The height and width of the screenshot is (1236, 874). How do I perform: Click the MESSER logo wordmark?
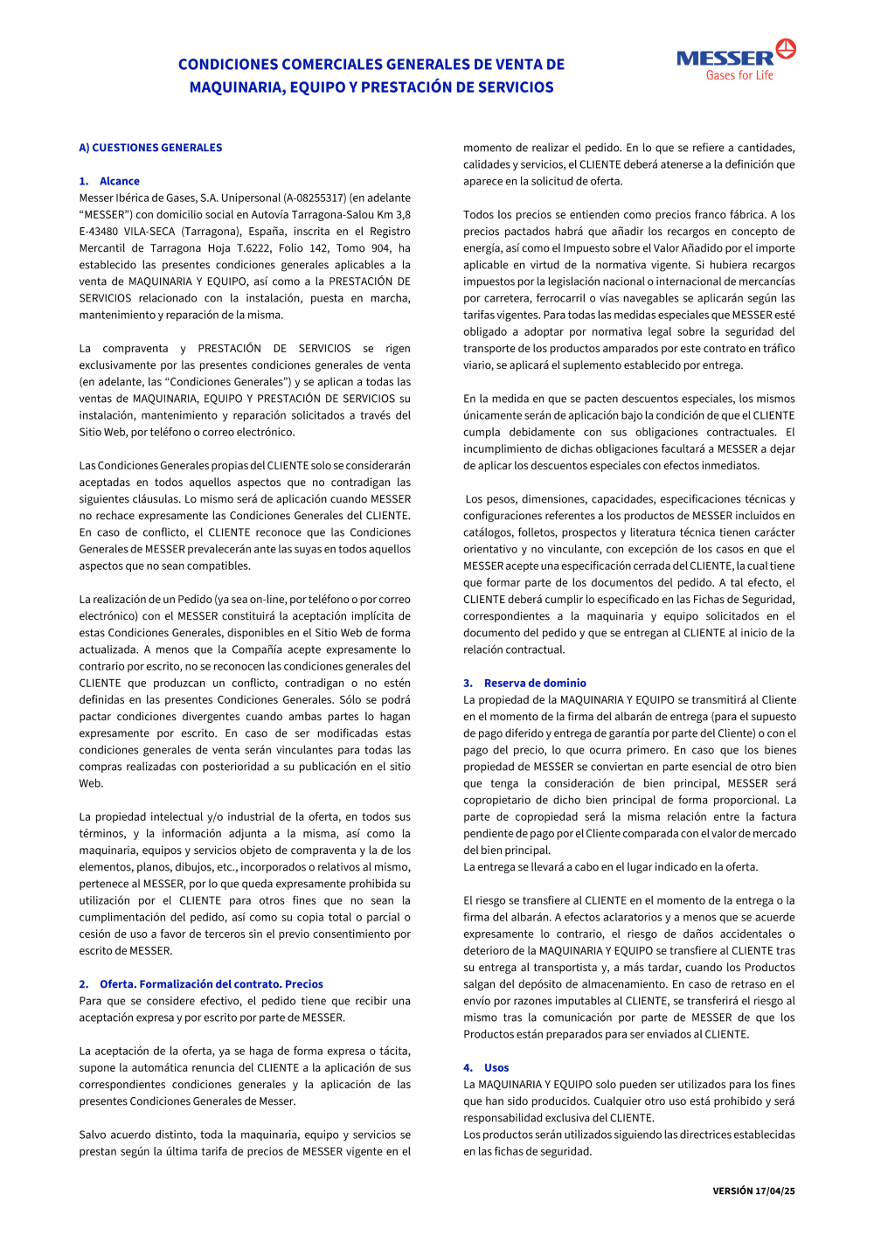725,59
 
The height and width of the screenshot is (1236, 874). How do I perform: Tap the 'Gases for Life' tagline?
739,76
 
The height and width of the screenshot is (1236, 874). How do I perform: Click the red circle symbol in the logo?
786,48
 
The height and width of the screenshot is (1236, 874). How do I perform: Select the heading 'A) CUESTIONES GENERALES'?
150,148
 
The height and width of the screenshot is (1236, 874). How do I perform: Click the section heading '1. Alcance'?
109,181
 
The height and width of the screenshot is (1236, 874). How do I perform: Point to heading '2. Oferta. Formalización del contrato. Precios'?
201,984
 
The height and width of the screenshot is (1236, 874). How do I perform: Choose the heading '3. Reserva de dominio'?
524,684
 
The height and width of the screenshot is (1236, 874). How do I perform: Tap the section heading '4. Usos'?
486,1068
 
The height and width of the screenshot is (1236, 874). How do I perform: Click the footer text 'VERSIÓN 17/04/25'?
753,1191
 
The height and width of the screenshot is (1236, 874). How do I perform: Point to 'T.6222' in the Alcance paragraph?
253,248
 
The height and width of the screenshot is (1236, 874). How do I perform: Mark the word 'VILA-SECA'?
149,232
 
